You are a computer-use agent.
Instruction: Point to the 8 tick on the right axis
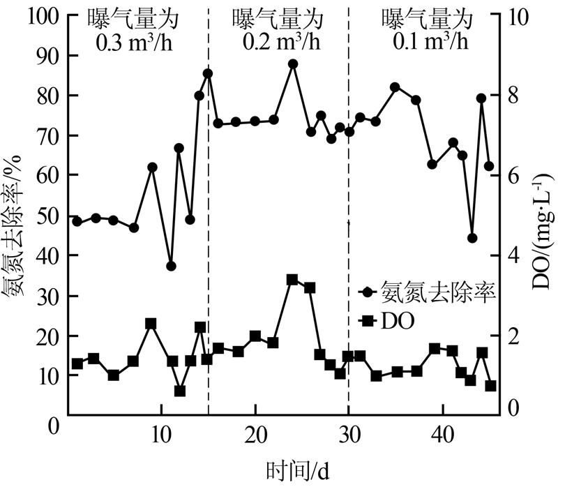pyautogui.click(x=508, y=96)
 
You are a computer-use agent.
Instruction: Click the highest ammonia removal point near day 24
pyautogui.click(x=293, y=63)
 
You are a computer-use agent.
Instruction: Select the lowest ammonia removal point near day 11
pyautogui.click(x=171, y=266)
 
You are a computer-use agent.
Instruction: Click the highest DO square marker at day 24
pyautogui.click(x=292, y=280)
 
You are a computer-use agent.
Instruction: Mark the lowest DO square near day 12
pyautogui.click(x=180, y=391)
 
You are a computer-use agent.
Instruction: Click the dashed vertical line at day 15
pyautogui.click(x=209, y=209)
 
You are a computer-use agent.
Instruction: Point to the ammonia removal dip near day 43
pyautogui.click(x=472, y=238)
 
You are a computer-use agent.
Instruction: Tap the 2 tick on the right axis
pyautogui.click(x=508, y=336)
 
